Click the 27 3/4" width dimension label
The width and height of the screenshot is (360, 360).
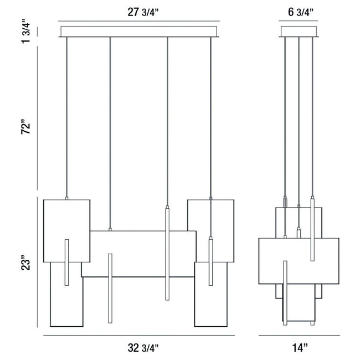click(x=143, y=12)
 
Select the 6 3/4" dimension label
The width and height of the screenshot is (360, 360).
click(x=301, y=12)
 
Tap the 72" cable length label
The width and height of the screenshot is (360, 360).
click(x=25, y=127)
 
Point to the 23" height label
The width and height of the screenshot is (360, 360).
click(x=25, y=262)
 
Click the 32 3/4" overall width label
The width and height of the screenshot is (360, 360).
click(x=143, y=348)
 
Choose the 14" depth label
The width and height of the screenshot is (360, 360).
click(x=300, y=348)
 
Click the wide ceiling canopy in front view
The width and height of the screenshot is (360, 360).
click(x=139, y=32)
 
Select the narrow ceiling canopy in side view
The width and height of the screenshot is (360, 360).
click(x=299, y=32)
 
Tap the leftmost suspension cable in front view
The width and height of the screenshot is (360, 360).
click(x=67, y=117)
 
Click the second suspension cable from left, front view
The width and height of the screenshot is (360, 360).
click(x=110, y=133)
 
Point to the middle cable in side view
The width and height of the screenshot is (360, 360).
click(x=299, y=121)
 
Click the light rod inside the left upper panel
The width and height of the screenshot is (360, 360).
click(x=67, y=263)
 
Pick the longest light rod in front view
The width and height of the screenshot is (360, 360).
click(x=167, y=253)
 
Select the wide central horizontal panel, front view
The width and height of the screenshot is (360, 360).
click(x=139, y=254)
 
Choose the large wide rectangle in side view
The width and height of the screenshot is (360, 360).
click(x=299, y=261)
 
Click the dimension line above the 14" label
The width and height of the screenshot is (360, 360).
click(x=299, y=336)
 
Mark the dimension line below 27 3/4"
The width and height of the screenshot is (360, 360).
click(x=139, y=21)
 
